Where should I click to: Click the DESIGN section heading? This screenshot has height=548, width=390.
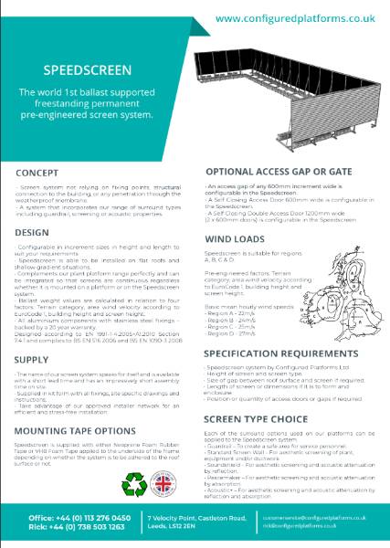point(33,233)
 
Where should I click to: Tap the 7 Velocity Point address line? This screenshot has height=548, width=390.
point(197,520)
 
